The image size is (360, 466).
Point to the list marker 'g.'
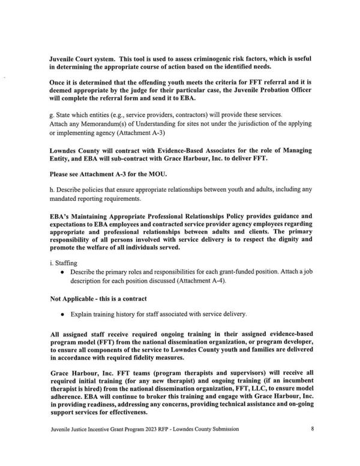click(52, 115)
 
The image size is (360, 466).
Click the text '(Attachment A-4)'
click(196, 282)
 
